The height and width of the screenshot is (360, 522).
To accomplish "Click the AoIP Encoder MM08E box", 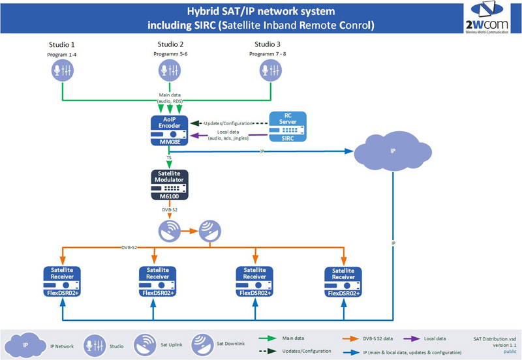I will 169,130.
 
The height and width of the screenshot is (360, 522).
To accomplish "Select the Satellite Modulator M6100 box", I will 169,185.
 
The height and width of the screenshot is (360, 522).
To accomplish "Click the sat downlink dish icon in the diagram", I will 210,229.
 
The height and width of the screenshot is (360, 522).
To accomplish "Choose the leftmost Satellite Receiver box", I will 61,281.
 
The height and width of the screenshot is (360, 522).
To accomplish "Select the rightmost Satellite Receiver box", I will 344,281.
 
